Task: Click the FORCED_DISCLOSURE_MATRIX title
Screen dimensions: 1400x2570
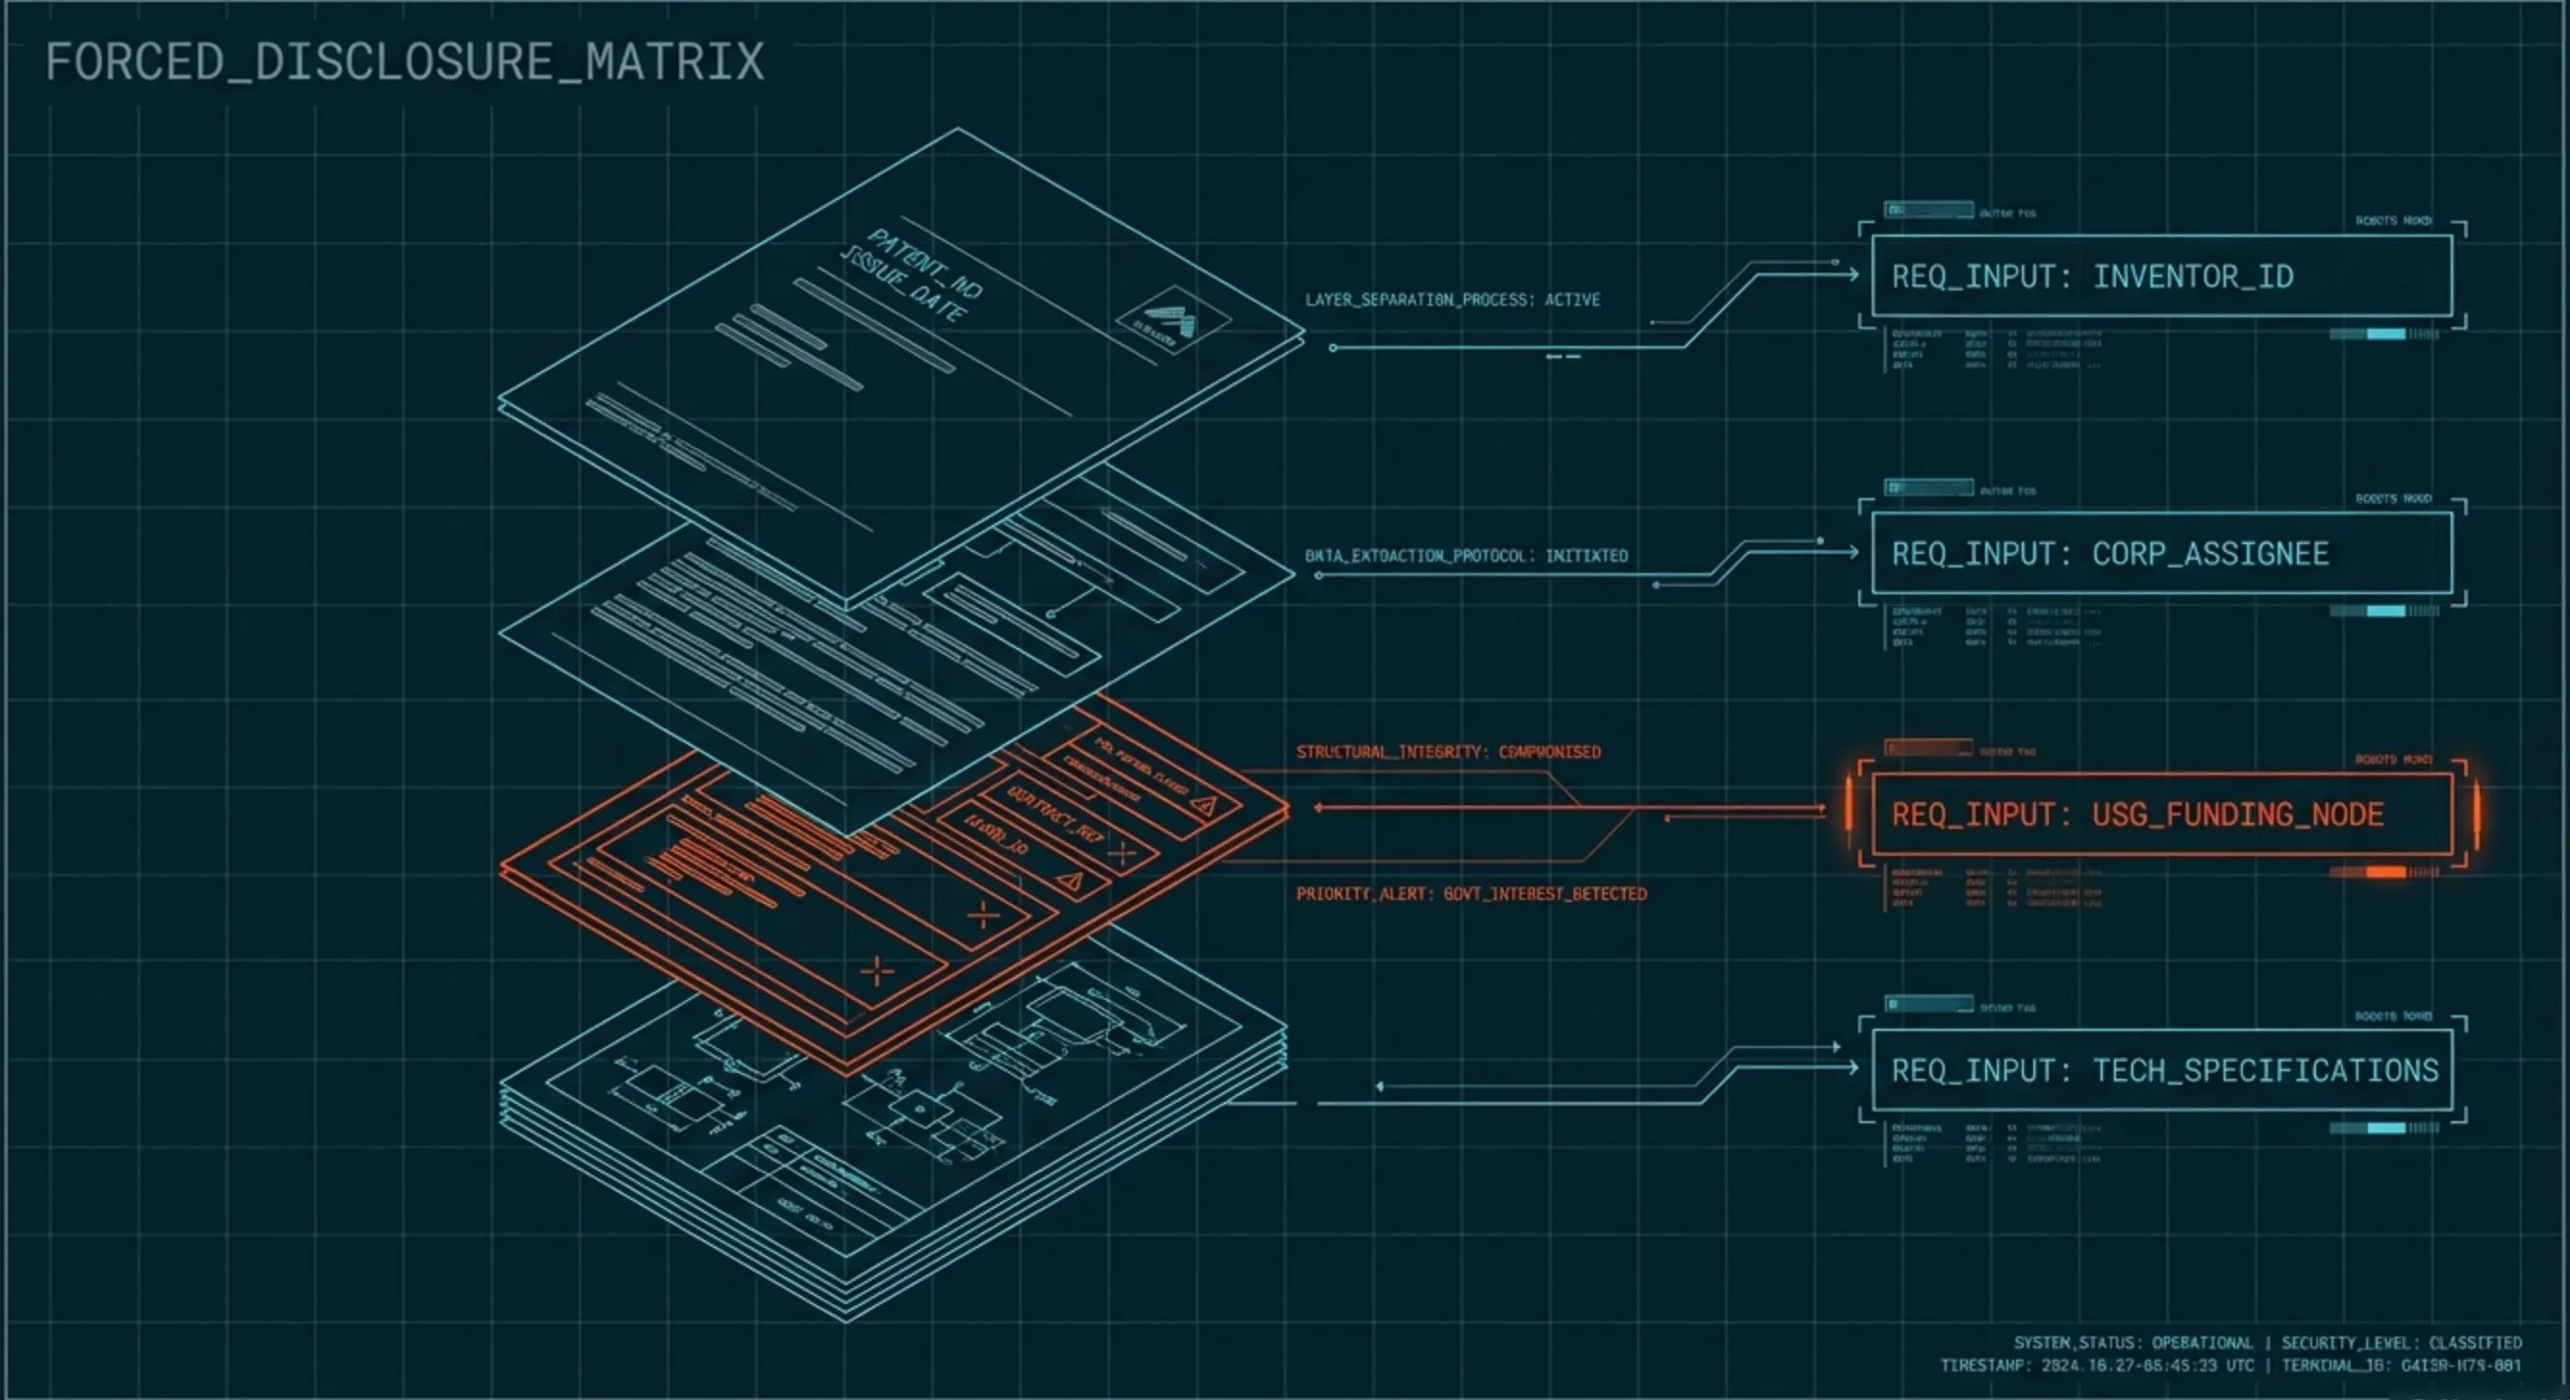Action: [404, 62]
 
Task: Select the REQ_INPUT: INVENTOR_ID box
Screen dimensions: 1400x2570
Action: [2161, 276]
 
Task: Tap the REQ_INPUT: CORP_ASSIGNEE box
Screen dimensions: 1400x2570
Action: [2161, 554]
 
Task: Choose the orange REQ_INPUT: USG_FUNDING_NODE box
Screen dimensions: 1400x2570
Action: [2161, 814]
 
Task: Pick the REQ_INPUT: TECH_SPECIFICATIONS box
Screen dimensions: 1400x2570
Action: [2161, 1071]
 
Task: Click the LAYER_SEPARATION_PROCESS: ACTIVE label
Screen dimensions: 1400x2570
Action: [1452, 300]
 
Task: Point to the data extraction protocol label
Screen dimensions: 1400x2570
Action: [1466, 557]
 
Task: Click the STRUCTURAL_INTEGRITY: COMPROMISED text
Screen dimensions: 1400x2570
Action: [1448, 752]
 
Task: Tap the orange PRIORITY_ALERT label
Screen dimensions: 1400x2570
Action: [1471, 894]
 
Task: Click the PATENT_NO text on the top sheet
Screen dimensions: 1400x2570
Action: [925, 262]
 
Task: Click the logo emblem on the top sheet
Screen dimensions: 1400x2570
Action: [1172, 320]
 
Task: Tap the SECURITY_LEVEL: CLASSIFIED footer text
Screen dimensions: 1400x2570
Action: [2402, 1343]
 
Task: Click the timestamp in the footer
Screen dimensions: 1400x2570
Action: [2096, 1366]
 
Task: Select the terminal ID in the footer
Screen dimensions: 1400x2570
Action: [2402, 1366]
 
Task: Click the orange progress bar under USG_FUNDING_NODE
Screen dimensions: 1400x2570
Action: [2384, 872]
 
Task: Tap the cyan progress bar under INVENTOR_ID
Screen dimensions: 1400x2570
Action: [2384, 334]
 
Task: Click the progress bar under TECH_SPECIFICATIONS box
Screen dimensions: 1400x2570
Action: [2384, 1129]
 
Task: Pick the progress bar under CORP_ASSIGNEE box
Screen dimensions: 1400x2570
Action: [2384, 612]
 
